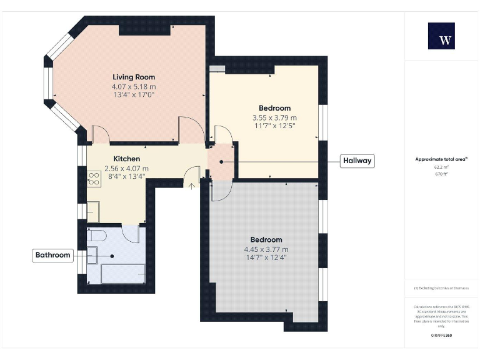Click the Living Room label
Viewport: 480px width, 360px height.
(134, 77)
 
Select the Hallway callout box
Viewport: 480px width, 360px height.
(357, 161)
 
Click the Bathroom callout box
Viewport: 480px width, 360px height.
(52, 255)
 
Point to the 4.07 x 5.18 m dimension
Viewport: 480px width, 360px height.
(134, 86)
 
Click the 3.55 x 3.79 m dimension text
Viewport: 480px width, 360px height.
(274, 117)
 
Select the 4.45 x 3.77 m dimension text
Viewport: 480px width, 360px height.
(266, 249)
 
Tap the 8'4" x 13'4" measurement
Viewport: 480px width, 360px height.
(127, 177)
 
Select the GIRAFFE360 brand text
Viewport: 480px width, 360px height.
(441, 336)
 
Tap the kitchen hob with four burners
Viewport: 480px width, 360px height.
(94, 179)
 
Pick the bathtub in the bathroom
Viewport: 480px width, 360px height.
(122, 273)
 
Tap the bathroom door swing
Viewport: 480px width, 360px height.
(131, 234)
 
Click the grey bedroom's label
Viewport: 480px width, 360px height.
(266, 239)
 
